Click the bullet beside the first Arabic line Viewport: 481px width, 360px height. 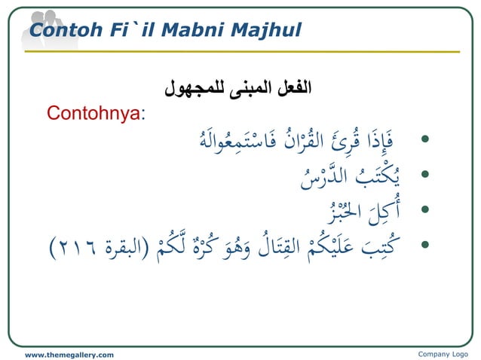point(426,140)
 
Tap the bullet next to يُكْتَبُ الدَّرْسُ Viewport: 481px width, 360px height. point(426,175)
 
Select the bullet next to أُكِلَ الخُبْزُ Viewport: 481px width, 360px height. point(426,209)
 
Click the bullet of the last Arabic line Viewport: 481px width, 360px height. point(426,244)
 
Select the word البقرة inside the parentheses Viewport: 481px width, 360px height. point(125,246)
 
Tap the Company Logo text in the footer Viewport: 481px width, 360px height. point(441,354)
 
